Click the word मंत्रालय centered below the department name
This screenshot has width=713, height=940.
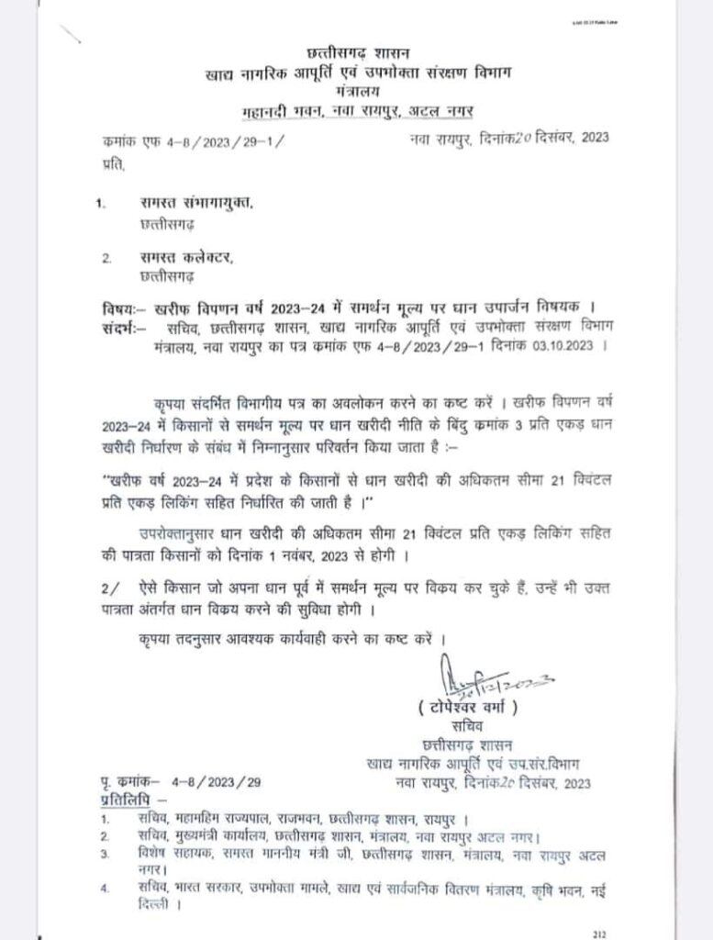[x=359, y=93]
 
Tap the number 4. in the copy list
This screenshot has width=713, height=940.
[x=108, y=888]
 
